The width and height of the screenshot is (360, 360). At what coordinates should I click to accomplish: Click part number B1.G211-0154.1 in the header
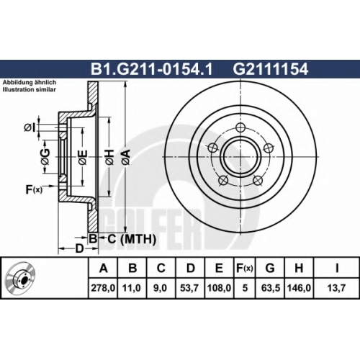pyautogui.click(x=151, y=69)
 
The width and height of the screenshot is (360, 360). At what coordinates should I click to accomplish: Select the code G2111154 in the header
pyautogui.click(x=271, y=69)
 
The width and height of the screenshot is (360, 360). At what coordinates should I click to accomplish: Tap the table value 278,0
pyautogui.click(x=103, y=288)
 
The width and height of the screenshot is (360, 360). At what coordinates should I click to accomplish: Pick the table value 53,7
pyautogui.click(x=189, y=288)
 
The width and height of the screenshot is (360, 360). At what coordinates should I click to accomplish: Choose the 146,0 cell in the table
pyautogui.click(x=298, y=288)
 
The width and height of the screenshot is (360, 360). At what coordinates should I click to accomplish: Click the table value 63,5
pyautogui.click(x=271, y=288)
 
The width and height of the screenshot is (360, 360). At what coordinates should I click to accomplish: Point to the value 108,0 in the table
pyautogui.click(x=219, y=288)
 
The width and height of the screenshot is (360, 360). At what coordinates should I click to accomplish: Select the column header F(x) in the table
pyautogui.click(x=244, y=269)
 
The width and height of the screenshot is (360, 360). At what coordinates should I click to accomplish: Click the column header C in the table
pyautogui.click(x=161, y=269)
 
